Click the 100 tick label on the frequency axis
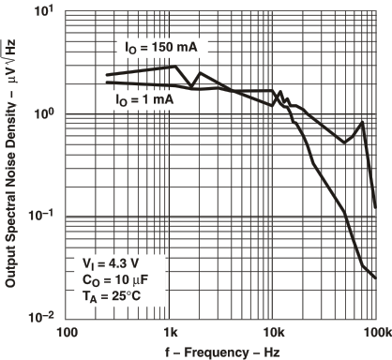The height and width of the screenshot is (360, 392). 66,332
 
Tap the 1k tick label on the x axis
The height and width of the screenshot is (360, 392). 171,332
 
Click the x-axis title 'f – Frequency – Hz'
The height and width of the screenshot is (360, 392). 222,352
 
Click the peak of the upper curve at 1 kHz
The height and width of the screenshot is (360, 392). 172,67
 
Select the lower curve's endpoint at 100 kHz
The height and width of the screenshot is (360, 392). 376,278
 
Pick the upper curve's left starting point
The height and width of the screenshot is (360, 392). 107,75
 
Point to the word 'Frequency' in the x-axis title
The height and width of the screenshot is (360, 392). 218,352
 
